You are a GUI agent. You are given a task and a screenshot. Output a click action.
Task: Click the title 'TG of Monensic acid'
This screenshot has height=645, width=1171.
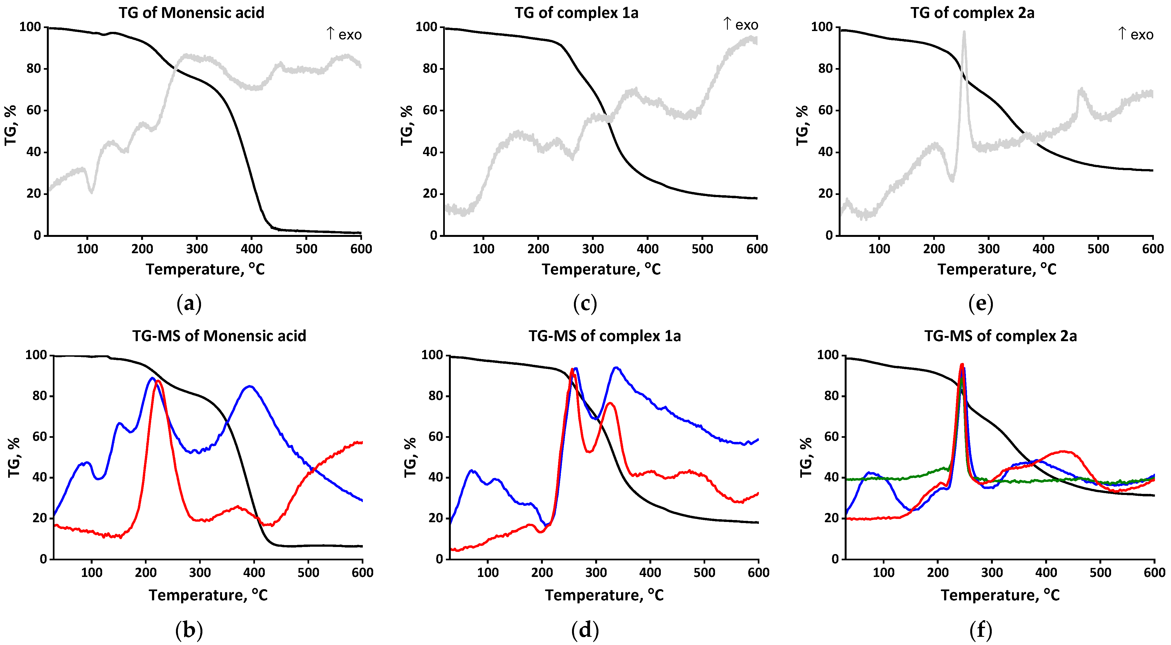coord(191,13)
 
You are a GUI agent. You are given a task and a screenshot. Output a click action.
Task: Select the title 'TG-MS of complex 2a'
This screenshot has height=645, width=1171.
coord(1000,336)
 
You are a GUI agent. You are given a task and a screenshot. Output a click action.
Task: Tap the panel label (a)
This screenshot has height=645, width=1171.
coord(189,303)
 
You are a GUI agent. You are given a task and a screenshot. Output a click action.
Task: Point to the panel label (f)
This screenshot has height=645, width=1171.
coord(981,630)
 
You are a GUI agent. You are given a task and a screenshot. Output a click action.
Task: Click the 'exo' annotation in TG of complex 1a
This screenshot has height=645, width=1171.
coord(746,25)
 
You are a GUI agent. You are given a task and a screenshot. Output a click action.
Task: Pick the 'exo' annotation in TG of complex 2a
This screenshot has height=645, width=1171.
coord(1142,35)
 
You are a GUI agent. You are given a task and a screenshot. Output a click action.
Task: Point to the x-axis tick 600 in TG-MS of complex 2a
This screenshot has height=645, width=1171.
coord(1154,572)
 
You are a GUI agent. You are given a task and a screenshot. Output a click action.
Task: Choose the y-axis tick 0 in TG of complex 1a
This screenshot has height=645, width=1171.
coord(433,235)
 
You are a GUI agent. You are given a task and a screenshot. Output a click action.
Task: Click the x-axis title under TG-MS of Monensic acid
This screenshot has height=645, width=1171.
coord(208,595)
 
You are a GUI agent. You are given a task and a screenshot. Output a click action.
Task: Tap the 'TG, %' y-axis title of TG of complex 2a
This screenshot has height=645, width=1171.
coord(802,125)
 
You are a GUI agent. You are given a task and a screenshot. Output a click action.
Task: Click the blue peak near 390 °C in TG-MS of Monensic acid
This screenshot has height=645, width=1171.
coord(250,387)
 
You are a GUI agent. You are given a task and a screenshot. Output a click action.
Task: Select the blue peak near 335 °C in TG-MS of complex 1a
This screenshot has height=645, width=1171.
coord(616,368)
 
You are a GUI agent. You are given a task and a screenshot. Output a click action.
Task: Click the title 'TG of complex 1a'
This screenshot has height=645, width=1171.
coord(576,13)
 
